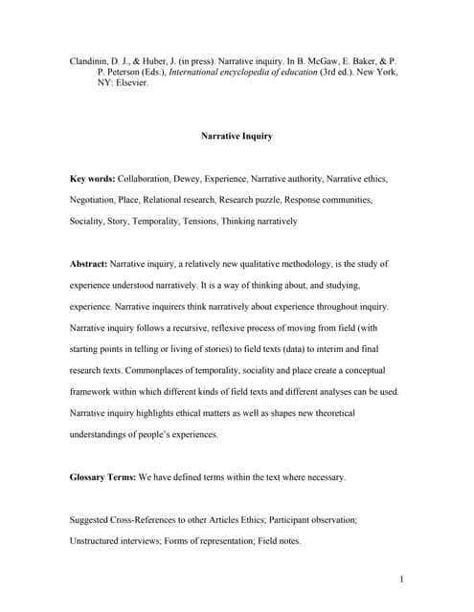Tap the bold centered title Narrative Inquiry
(237, 136)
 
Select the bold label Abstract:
(89, 263)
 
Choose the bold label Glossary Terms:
(103, 476)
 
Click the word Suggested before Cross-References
(93, 519)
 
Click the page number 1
(401, 578)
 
